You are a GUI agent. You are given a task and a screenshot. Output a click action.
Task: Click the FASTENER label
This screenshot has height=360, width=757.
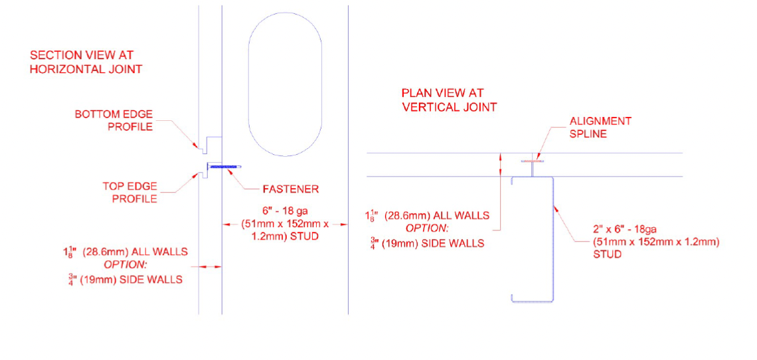(x=291, y=189)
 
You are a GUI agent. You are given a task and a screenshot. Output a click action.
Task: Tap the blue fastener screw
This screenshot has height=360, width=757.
(x=225, y=167)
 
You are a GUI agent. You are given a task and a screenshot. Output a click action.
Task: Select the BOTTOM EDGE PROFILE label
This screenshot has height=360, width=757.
(x=114, y=120)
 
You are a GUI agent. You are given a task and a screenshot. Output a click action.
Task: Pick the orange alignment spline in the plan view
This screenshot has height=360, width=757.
(x=531, y=161)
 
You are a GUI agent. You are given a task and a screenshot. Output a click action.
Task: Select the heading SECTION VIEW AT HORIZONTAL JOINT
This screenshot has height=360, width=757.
(x=86, y=62)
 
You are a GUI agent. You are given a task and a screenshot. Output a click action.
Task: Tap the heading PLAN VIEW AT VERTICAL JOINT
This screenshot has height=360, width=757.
(x=449, y=100)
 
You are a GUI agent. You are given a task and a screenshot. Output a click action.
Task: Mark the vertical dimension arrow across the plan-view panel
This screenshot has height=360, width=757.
(x=501, y=164)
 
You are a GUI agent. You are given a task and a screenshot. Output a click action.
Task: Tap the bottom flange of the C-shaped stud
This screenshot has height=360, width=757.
(x=532, y=302)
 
